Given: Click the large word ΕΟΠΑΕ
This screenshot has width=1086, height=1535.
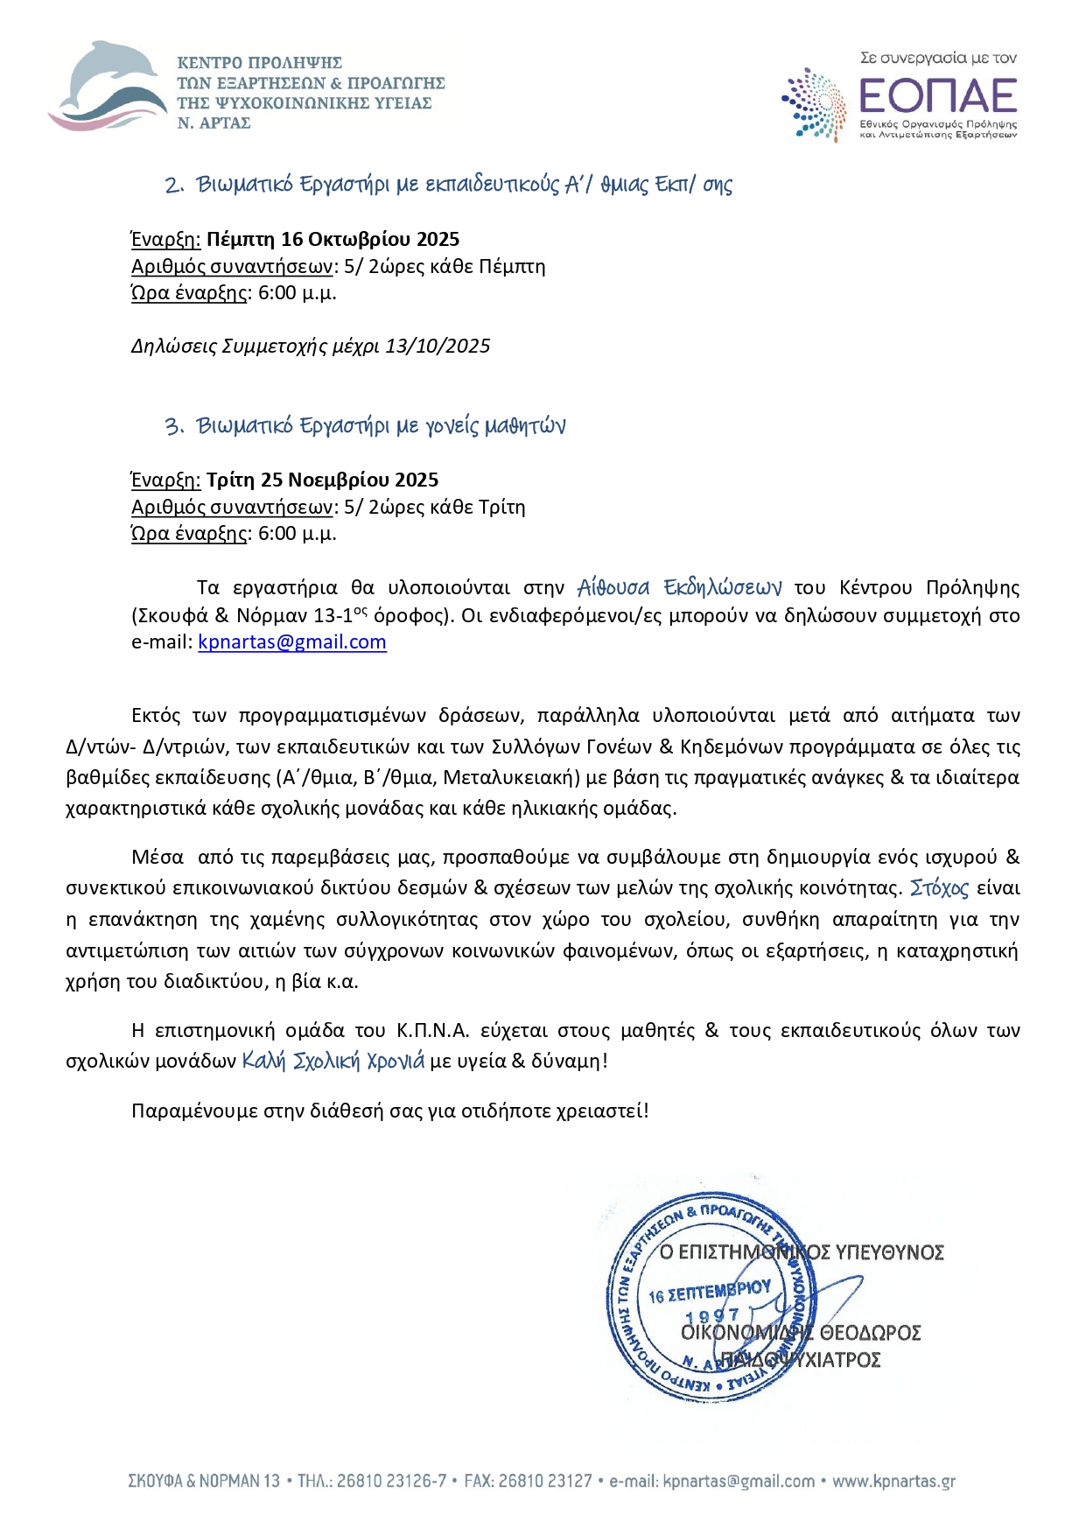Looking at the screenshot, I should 937,95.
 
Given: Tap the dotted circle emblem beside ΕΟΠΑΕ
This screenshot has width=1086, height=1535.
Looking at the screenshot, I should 813,104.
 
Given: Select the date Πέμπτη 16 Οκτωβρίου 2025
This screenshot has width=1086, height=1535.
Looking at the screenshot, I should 333,239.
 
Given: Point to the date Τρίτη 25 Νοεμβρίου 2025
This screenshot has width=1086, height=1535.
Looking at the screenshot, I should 322,480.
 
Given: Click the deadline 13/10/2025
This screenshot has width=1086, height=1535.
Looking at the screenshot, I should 438,346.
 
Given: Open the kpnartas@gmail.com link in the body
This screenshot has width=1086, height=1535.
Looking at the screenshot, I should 291,641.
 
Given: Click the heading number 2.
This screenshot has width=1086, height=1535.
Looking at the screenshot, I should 173,186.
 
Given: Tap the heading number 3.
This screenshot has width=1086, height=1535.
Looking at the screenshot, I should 173,426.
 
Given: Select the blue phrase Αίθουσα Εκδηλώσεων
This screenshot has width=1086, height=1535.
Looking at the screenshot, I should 679,587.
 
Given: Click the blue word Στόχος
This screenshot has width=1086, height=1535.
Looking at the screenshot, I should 939,888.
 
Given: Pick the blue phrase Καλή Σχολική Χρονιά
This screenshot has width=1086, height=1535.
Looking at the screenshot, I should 333,1061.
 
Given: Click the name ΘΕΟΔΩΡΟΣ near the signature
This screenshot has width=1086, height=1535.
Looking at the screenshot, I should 870,1333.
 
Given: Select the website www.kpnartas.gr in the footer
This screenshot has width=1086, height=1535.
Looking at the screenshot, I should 893,1482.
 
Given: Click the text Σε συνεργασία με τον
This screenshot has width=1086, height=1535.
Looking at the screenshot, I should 938,58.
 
